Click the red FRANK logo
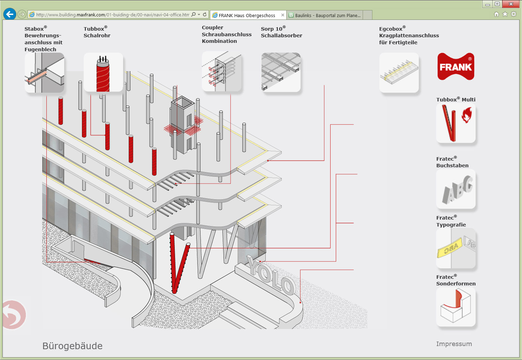456,66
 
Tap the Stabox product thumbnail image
44,72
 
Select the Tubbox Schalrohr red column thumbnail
103,72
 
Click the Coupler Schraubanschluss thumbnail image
221,71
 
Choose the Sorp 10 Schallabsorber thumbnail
281,72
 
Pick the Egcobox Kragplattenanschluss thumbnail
399,72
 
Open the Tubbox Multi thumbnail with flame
456,123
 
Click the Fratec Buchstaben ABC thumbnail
456,189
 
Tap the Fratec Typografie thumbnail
456,248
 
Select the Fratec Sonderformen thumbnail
456,307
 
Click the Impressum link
454,344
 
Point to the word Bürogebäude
72,346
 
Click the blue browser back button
9,14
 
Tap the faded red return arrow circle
14,315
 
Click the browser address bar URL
113,15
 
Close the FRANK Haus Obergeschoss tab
282,15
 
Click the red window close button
511,4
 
